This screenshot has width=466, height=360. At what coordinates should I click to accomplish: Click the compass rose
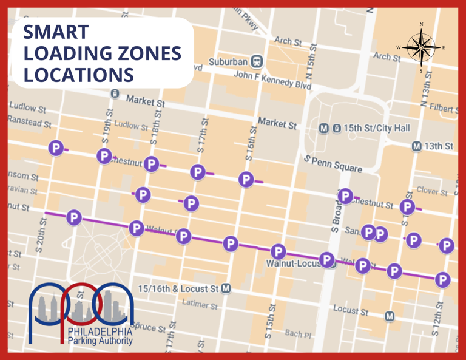[x=421, y=47]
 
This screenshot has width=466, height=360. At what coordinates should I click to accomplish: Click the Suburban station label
[x=228, y=62]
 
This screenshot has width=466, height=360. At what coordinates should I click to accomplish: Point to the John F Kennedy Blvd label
[x=273, y=80]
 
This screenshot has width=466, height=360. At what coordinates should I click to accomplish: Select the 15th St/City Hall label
[x=376, y=129]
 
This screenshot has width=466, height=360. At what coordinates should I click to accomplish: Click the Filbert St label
[x=444, y=108]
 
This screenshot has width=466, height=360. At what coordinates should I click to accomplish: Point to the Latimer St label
[x=200, y=304]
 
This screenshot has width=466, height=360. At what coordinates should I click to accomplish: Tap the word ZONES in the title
[x=144, y=53]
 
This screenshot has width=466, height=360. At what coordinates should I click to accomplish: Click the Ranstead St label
[x=29, y=123]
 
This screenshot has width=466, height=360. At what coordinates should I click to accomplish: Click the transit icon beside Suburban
[x=257, y=61]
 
